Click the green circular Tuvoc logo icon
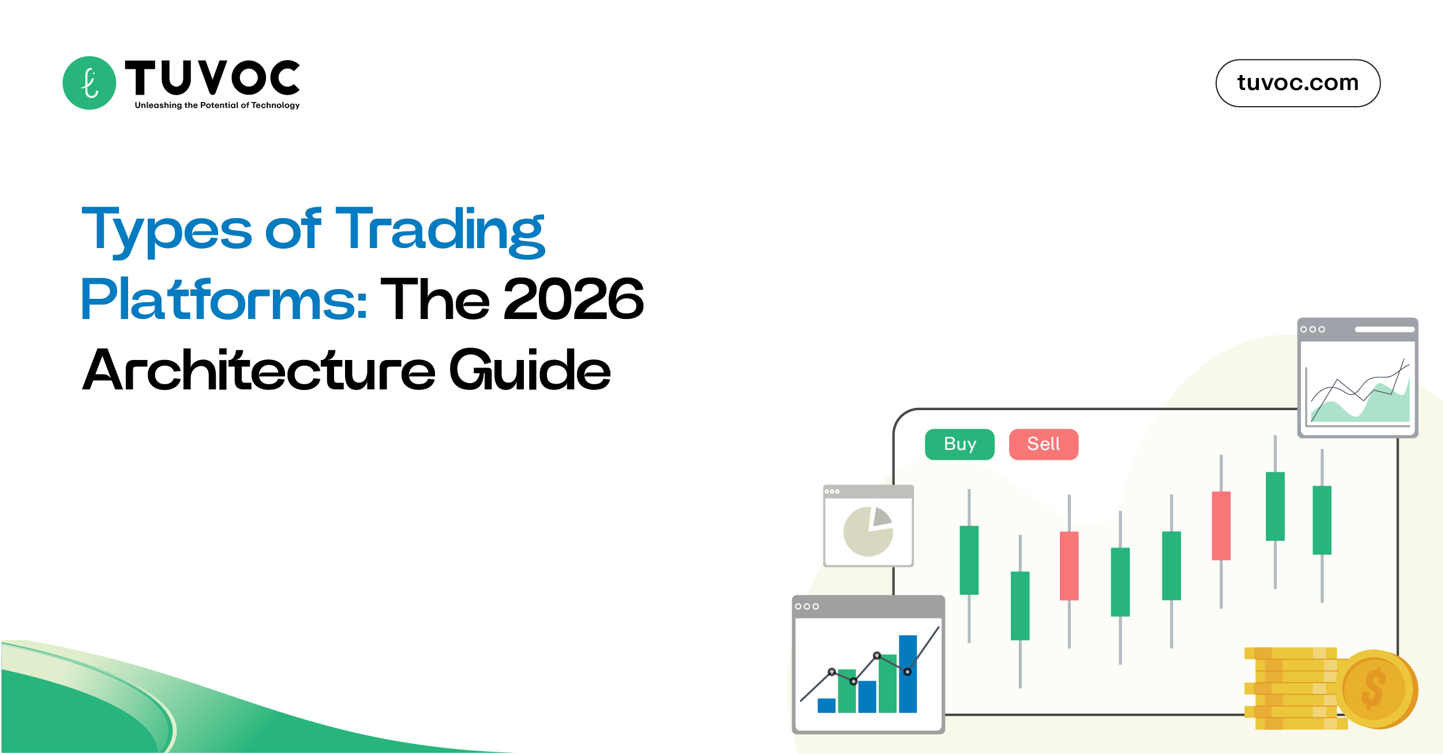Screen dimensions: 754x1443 pyautogui.click(x=89, y=83)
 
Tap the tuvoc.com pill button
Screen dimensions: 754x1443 pyautogui.click(x=1298, y=83)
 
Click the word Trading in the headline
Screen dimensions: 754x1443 pyautogui.click(x=440, y=231)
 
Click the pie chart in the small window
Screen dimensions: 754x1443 pyautogui.click(x=868, y=531)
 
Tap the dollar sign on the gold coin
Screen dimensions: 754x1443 pyautogui.click(x=1373, y=688)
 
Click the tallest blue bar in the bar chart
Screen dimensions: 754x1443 pyautogui.click(x=908, y=673)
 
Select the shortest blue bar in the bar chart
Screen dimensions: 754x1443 pyautogui.click(x=826, y=705)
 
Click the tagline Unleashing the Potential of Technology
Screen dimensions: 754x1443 pyautogui.click(x=217, y=105)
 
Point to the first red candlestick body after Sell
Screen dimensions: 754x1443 pyautogui.click(x=1069, y=565)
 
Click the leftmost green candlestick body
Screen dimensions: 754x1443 pyautogui.click(x=969, y=560)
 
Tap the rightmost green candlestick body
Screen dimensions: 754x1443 pyautogui.click(x=1322, y=520)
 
